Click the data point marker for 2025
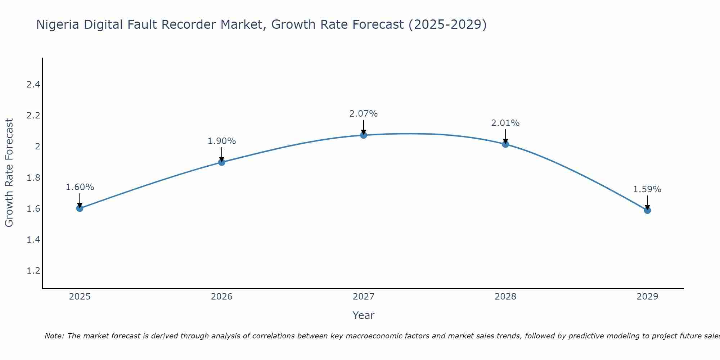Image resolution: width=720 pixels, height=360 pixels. point(80,208)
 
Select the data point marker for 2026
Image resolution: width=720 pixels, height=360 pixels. point(222,162)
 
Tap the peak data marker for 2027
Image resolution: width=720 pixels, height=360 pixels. point(364,135)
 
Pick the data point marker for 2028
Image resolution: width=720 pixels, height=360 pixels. point(505,144)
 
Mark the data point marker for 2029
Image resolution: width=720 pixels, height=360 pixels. point(647,210)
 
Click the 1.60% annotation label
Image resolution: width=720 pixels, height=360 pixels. point(80,187)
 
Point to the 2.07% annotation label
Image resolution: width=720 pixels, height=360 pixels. point(364,114)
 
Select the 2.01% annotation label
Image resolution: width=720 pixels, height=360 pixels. point(505,123)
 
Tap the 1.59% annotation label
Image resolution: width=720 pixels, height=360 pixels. point(647,189)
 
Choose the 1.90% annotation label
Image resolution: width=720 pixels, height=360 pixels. point(222,141)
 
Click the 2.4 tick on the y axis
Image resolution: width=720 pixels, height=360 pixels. point(33,85)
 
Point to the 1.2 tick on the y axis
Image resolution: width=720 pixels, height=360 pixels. point(33,270)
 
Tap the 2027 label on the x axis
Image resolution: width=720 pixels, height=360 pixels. point(364,297)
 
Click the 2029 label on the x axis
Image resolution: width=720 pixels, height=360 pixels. point(647,297)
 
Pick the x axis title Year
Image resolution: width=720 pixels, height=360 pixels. point(364,315)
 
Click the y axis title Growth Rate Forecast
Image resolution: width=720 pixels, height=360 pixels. point(9,173)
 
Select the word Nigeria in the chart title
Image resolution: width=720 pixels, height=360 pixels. point(58,24)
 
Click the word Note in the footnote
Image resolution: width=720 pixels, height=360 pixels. point(54,336)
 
